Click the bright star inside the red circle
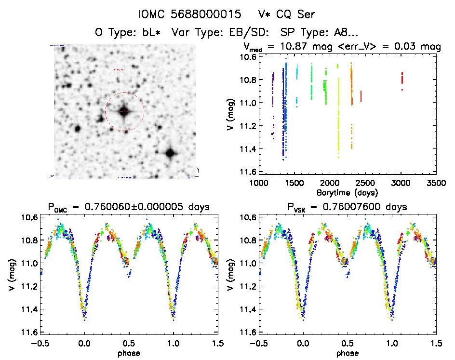click(124, 111)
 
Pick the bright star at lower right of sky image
click(170, 154)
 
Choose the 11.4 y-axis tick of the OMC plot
click(30, 309)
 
